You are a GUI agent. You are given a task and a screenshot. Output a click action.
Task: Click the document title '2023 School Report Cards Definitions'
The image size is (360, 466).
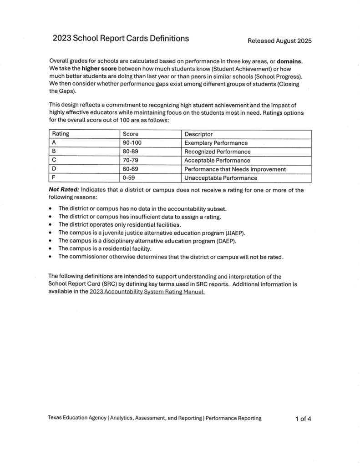coord(120,39)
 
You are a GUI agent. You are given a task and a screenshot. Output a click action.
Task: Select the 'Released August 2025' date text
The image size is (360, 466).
coord(279,41)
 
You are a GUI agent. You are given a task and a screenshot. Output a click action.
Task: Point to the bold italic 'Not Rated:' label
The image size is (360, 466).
coord(64,190)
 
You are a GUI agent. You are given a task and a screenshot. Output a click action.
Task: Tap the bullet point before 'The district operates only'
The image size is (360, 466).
coord(50,225)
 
